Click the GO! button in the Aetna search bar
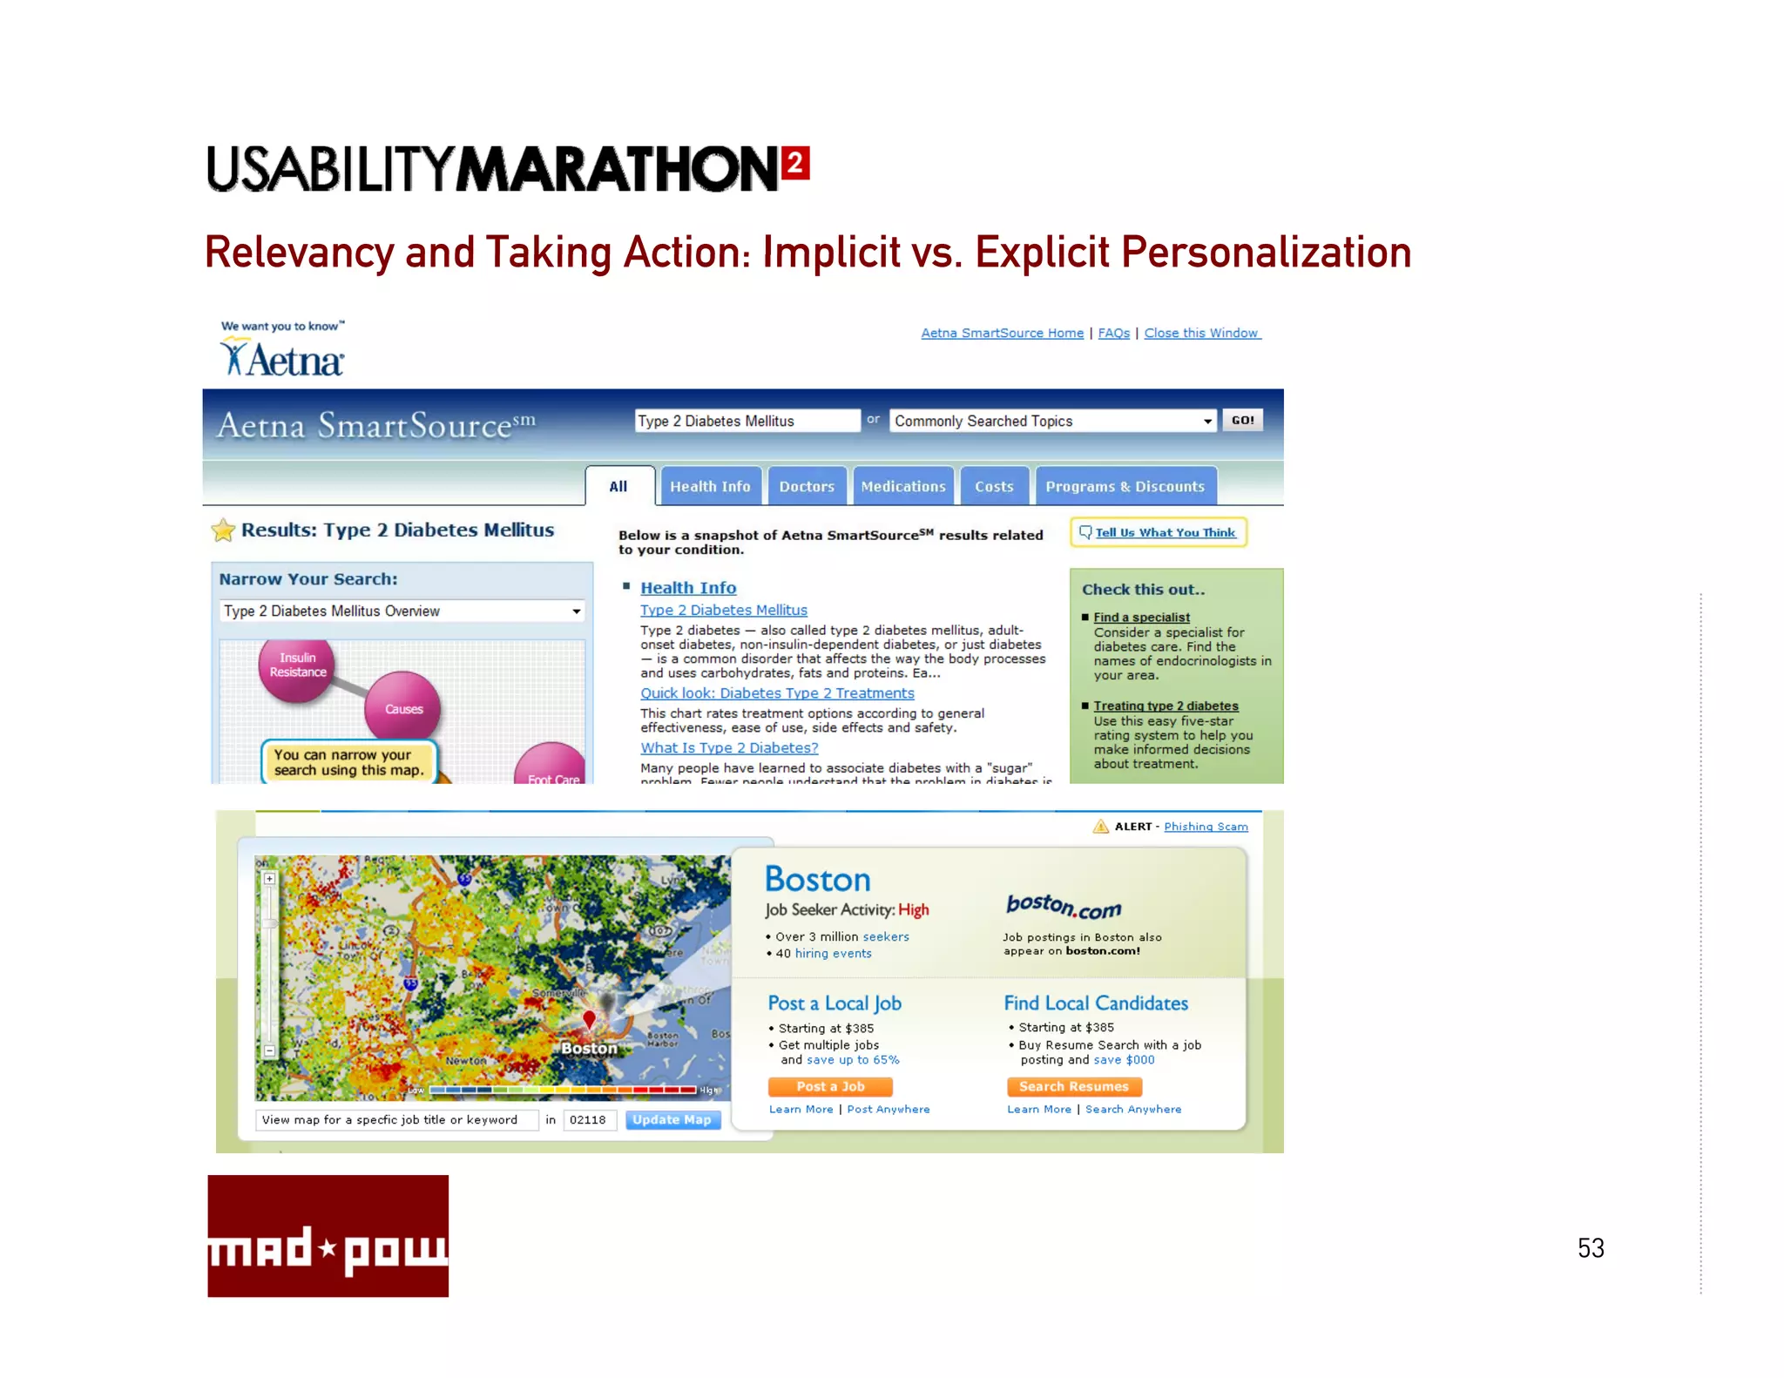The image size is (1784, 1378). pos(1242,421)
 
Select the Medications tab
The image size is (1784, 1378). pos(903,487)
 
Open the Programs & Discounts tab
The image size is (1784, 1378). pos(1125,487)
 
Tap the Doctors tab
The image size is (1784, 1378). pos(807,487)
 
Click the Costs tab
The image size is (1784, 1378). pos(994,487)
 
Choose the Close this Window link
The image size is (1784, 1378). pos(1201,334)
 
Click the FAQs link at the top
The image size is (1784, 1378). pos(1113,334)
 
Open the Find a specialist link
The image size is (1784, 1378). pos(1141,618)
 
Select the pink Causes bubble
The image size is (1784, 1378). pos(403,708)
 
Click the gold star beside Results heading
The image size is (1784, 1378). pos(224,530)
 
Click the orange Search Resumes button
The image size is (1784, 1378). pos(1074,1086)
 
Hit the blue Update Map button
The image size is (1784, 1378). pos(672,1120)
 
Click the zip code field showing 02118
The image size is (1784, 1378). pos(590,1120)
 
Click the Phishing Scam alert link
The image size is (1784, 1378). pos(1206,827)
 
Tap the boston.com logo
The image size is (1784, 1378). pos(1064,907)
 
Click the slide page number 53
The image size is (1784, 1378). pos(1591,1248)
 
